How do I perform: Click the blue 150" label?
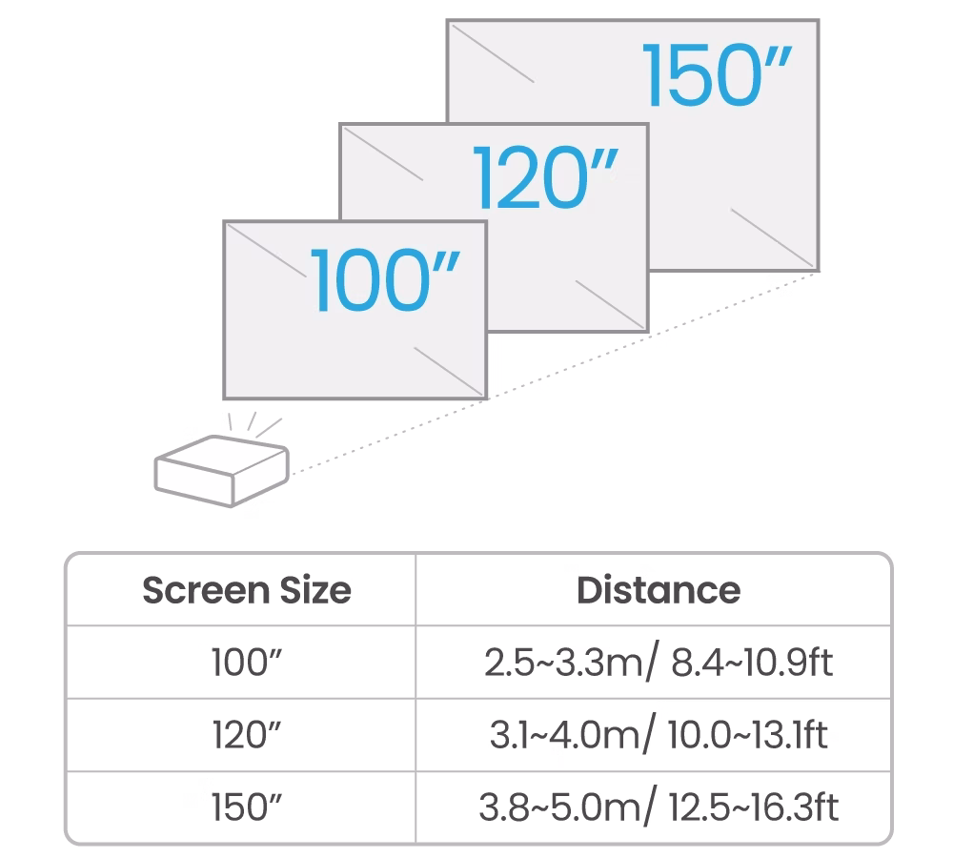[717, 75]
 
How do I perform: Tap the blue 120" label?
[545, 178]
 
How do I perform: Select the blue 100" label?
[385, 280]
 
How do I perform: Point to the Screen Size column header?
[247, 590]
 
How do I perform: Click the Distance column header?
[659, 590]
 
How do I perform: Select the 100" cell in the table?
[247, 663]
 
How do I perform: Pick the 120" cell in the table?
[247, 735]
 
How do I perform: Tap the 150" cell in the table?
[247, 807]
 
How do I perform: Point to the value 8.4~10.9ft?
[752, 663]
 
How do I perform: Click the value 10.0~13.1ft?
[747, 735]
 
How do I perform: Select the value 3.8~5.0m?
[559, 807]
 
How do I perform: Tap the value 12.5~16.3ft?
[754, 807]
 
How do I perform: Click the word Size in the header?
[315, 590]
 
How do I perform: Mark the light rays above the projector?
[254, 424]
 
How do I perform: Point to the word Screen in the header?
[207, 590]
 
